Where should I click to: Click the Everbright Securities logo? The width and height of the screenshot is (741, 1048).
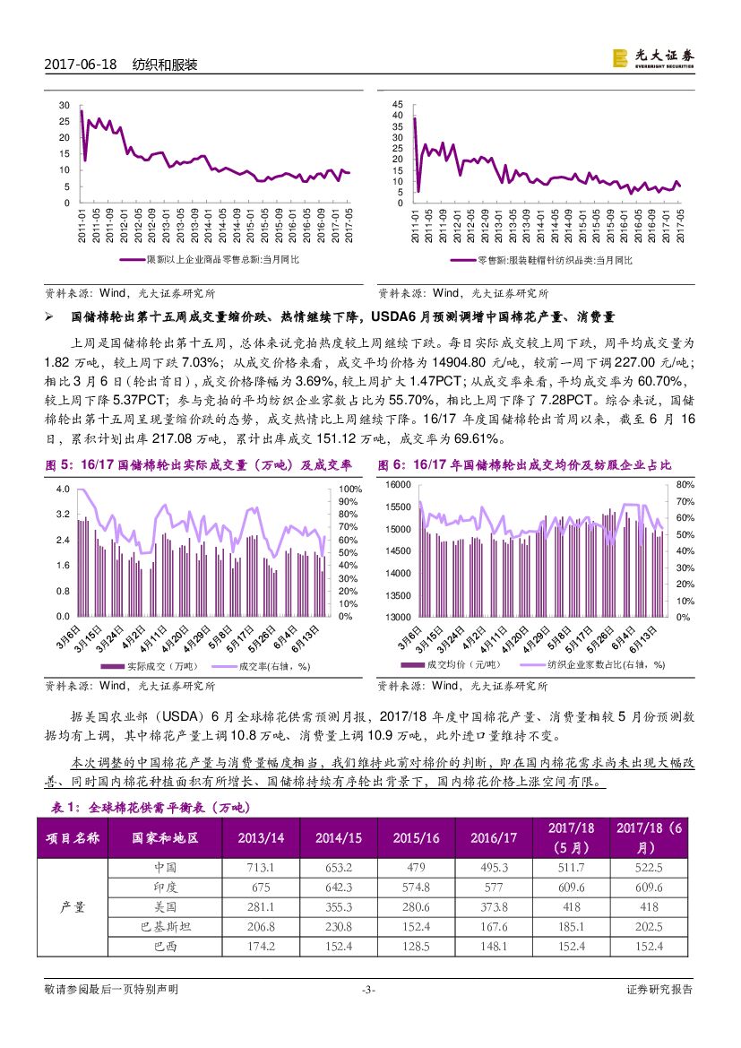[652, 57]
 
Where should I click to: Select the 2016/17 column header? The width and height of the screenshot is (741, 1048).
[494, 837]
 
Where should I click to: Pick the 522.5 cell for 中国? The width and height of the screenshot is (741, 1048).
[648, 868]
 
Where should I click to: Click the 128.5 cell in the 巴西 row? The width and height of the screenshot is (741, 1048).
[417, 946]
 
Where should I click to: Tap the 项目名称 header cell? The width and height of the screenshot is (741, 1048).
[73, 837]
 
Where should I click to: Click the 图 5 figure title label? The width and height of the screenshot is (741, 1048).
[198, 464]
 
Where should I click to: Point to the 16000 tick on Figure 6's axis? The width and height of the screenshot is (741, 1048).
[398, 484]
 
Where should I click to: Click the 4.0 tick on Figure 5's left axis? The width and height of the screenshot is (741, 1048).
[63, 489]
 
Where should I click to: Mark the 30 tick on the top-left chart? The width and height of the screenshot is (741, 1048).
[64, 105]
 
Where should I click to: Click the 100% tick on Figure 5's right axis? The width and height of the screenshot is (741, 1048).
[349, 489]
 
